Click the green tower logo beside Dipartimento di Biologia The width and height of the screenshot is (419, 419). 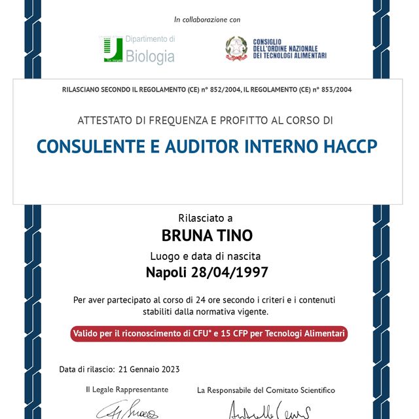113,50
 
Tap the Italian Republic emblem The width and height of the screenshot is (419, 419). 236,48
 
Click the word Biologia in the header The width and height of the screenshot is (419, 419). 150,57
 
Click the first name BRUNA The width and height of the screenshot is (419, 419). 186,235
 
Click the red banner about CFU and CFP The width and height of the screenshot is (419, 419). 209,334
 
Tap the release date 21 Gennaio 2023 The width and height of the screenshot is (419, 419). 149,369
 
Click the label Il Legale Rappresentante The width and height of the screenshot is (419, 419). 127,390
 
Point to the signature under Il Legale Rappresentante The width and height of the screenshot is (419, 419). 128,410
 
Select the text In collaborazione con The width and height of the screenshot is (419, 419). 208,20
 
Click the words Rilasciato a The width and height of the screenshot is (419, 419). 205,218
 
